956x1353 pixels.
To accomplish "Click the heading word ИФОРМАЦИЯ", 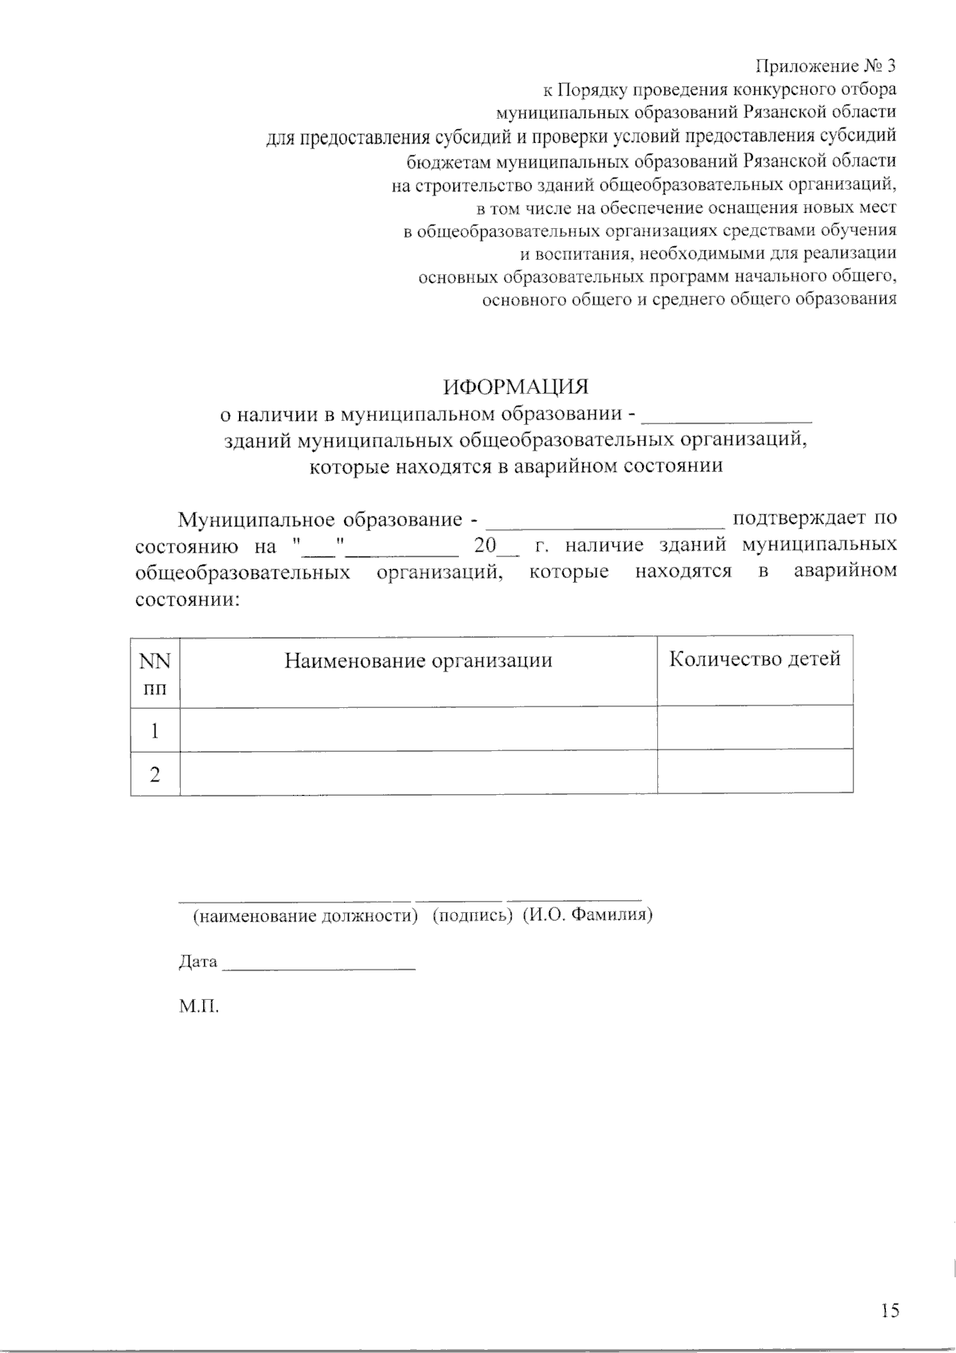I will coord(515,387).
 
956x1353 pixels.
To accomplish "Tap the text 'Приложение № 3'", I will coord(825,65).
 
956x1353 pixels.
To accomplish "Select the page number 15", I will coord(890,1310).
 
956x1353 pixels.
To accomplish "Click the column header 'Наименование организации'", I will coord(418,661).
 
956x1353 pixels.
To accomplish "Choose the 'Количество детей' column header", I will coord(754,659).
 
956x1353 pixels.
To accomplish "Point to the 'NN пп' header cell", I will coord(155,672).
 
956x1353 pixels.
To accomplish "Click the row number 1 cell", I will coord(155,730).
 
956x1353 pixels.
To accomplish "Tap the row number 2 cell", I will coord(155,773).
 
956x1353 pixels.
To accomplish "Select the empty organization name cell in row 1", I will coord(418,729).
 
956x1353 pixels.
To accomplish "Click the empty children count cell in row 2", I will coord(754,772).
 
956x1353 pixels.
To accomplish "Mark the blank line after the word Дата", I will coord(319,966).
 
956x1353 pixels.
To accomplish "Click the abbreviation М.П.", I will coord(198,1006).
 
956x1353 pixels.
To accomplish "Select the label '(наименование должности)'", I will coord(305,916).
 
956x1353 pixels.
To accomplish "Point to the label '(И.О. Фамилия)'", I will coord(588,915).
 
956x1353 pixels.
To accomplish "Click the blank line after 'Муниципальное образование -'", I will coord(605,524).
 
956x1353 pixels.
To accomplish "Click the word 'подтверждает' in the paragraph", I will coord(799,519).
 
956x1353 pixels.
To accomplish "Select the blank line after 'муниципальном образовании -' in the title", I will coord(727,417).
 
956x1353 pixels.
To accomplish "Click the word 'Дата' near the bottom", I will coord(198,962).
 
